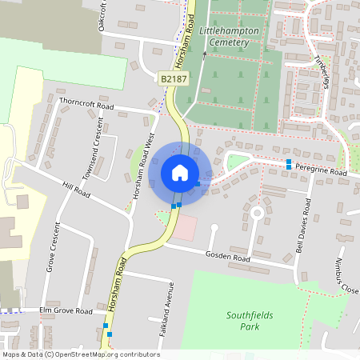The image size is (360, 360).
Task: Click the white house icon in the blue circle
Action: (180, 173)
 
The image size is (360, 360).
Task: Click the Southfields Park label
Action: (250, 320)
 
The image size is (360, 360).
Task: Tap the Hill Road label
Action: (77, 192)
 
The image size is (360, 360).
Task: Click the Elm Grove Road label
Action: (66, 310)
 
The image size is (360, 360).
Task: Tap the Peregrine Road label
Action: (320, 172)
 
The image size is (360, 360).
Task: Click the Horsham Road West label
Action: (143, 166)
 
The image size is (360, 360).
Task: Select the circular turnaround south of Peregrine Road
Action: (257, 213)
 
